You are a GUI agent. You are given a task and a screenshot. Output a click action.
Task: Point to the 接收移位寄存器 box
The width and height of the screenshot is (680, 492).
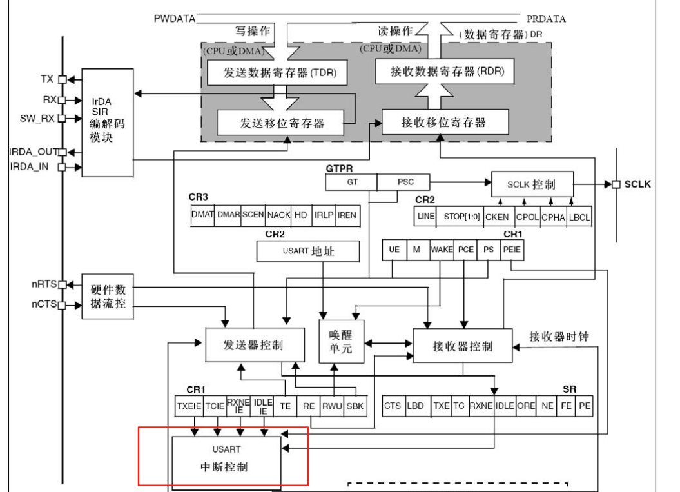(444, 122)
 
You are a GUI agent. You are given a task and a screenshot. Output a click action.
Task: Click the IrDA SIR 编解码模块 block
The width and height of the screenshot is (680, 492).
(106, 122)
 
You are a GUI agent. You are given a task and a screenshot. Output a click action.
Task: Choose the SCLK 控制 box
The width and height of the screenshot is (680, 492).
(532, 184)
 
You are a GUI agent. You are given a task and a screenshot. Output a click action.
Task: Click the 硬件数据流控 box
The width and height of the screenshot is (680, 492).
(108, 295)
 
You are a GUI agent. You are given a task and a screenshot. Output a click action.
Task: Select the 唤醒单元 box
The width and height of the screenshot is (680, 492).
(342, 341)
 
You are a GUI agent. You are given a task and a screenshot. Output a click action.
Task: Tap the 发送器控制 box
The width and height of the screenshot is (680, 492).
(253, 344)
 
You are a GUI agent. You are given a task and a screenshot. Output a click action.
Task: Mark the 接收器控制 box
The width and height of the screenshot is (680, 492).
(461, 346)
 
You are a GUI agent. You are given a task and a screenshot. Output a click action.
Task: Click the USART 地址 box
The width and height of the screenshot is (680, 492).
(308, 251)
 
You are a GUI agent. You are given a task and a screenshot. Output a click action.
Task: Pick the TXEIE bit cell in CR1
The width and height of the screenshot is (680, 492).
(189, 406)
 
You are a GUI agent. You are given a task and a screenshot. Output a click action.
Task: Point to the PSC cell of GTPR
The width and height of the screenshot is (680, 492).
(405, 182)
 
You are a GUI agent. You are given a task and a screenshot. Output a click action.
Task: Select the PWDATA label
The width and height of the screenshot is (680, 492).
(174, 19)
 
